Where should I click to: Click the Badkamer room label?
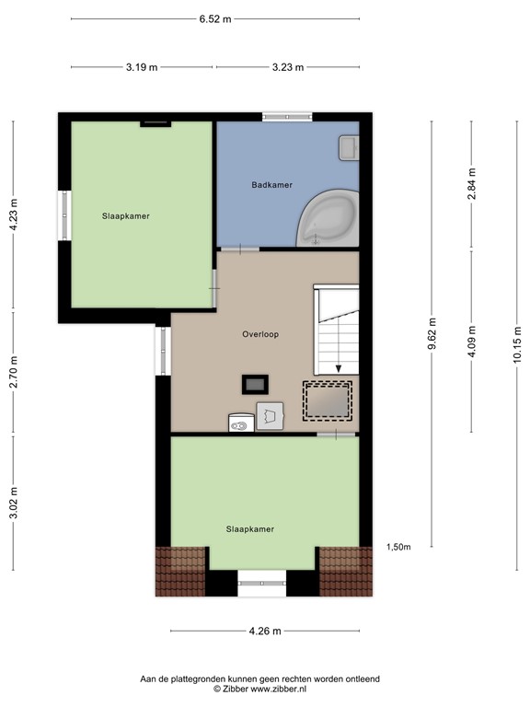272,185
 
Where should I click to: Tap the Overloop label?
261,335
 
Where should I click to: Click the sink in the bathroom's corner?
349,146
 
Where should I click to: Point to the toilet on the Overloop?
241,423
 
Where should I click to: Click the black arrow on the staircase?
339,367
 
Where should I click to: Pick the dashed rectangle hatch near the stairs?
328,400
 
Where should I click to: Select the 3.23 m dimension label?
288,67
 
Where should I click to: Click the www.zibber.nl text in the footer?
282,689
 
